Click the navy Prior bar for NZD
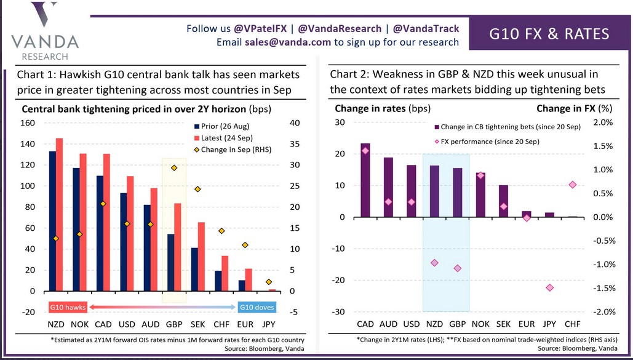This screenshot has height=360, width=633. pos(52,221)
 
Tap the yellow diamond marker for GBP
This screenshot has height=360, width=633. pos(174,167)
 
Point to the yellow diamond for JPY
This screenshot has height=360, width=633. pos(269,282)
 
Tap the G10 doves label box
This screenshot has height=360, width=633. pos(256,307)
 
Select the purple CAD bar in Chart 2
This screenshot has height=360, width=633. pos(365,180)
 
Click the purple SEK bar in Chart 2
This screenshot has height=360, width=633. pos(503,201)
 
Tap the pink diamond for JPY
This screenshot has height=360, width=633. pos(549,287)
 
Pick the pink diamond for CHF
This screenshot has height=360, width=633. pos(572,185)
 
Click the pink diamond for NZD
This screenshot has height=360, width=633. pos(434,262)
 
